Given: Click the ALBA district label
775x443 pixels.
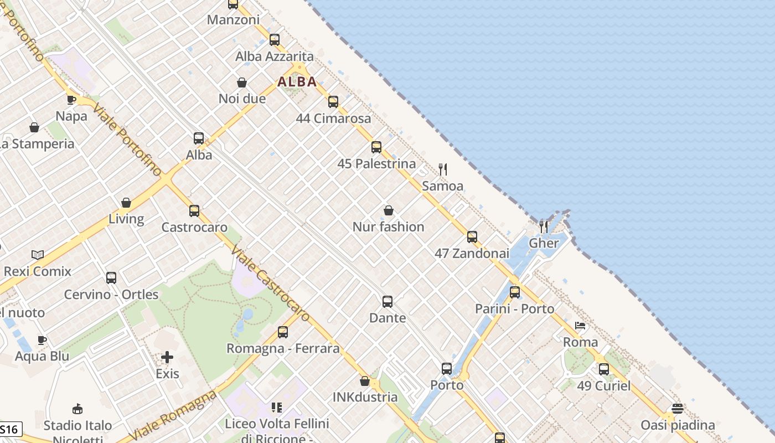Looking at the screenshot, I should coord(297,82).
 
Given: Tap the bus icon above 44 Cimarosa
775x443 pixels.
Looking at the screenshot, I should coord(333,102).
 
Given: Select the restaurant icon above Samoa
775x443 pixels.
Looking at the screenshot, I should coord(442,169).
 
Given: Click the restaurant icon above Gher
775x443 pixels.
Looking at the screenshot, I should coord(544,226).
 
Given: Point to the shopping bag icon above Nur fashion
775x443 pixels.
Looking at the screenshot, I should coord(389,210).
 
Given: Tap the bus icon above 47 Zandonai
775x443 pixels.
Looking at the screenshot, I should coord(472,237).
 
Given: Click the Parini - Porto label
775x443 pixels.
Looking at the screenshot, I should coord(514,309).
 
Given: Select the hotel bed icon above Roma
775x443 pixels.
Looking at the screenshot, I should coord(580,326).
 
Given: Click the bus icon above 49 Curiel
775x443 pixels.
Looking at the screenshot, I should coord(603,369).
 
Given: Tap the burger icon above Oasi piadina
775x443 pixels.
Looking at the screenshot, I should coord(677,409).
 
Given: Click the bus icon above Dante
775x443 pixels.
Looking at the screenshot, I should coord(387,302).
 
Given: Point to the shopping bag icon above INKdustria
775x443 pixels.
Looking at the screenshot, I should coord(365,381).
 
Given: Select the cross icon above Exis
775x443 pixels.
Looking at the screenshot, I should coord(167,357).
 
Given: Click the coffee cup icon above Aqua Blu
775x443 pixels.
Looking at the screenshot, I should coord(42,340).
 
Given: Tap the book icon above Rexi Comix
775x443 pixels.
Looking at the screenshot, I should coord(38,255).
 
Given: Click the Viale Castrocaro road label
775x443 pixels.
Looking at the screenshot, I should coord(271,283).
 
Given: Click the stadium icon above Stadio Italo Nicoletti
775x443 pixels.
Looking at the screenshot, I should coord(77,409).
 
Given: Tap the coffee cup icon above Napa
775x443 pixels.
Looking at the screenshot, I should coord(71,100).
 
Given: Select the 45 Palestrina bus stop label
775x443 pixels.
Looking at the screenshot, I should coord(376,164).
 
